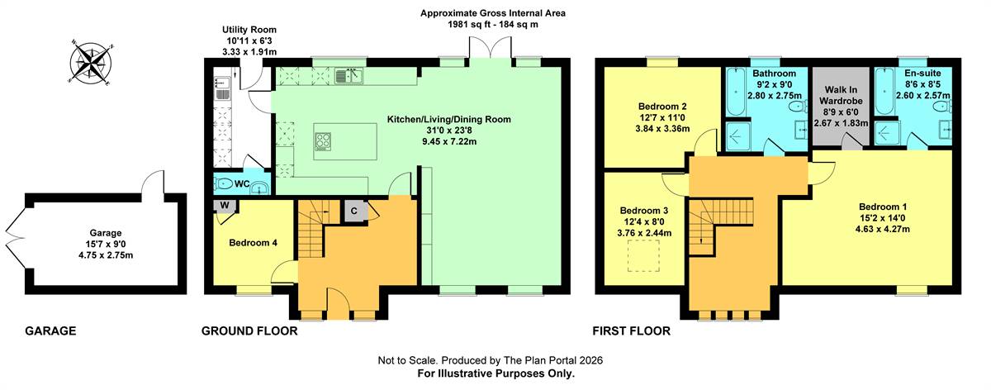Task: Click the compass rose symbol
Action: click(x=91, y=63)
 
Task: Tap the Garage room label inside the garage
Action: click(x=106, y=233)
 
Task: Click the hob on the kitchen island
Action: click(x=323, y=142)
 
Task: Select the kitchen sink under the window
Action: click(x=349, y=76)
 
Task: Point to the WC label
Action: click(x=242, y=183)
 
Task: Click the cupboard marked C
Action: click(x=354, y=212)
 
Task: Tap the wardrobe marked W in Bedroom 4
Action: click(x=225, y=206)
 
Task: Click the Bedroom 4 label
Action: click(x=253, y=243)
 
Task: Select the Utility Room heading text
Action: click(x=249, y=30)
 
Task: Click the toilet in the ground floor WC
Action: click(x=225, y=183)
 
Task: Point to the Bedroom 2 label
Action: click(x=662, y=107)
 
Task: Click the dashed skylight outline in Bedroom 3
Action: click(x=643, y=256)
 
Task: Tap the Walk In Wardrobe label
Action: click(x=841, y=95)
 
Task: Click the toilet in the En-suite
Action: click(x=942, y=107)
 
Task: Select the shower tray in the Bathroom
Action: click(x=738, y=136)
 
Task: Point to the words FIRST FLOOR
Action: click(x=631, y=331)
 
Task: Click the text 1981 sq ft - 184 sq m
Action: click(x=493, y=24)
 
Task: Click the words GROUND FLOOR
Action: click(x=249, y=331)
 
